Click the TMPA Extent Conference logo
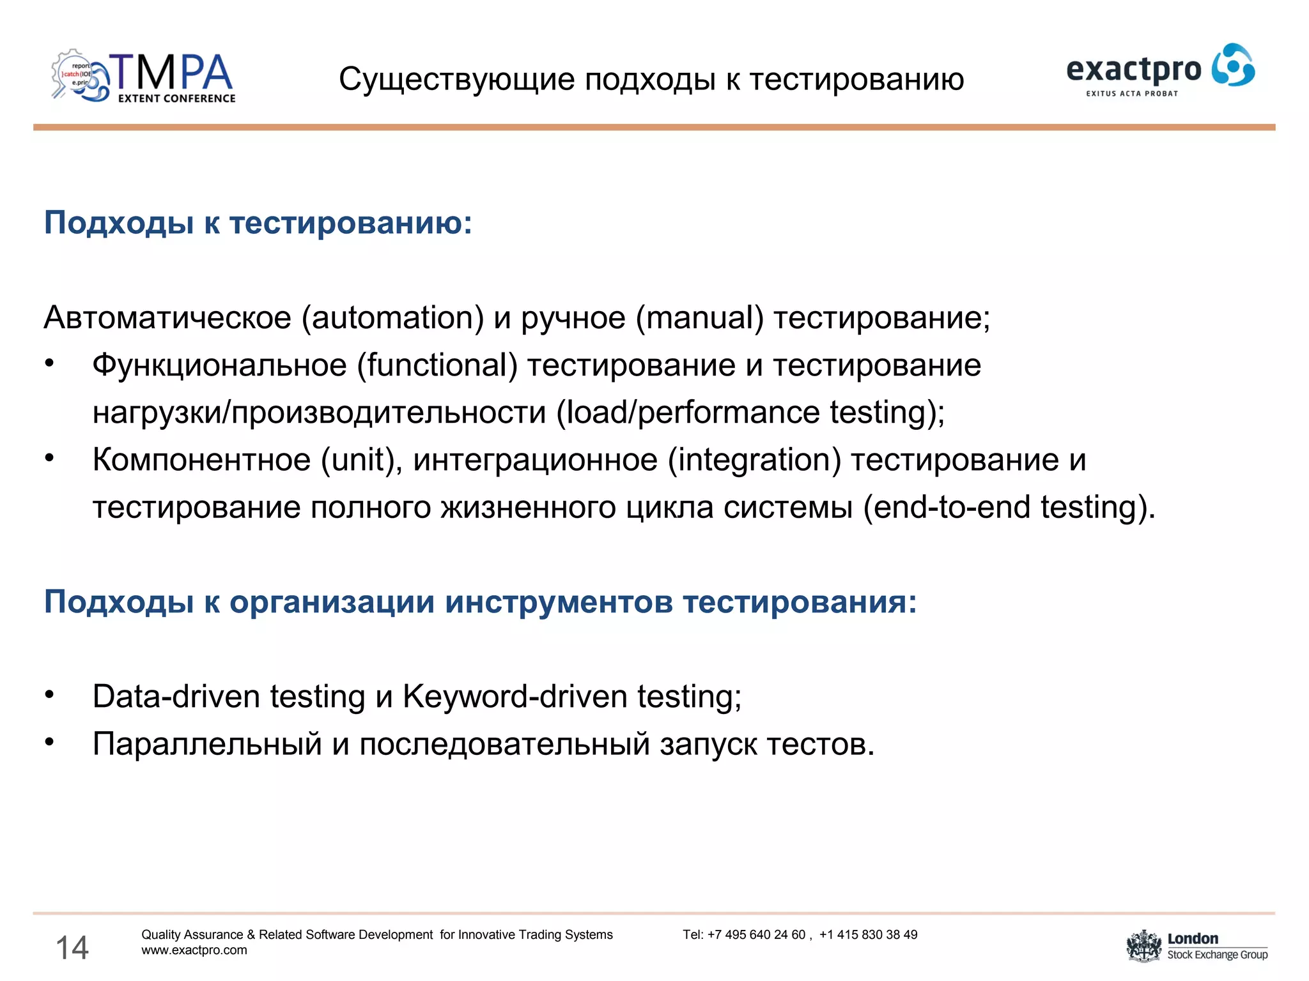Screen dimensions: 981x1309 click(143, 77)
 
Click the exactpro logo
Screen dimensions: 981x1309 click(1159, 69)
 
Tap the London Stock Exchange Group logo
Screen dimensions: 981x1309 click(1197, 946)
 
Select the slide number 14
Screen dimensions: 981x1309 click(72, 947)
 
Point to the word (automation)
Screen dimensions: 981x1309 click(392, 318)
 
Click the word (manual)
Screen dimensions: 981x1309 click(699, 318)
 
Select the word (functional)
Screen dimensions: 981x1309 click(437, 365)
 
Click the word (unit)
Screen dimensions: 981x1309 click(361, 460)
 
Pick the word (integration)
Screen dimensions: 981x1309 click(754, 460)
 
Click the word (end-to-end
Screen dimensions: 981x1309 click(947, 507)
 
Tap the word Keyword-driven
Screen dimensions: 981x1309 click(515, 696)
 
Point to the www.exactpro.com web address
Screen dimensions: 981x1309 click(194, 950)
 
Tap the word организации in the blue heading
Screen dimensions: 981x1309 click(332, 602)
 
